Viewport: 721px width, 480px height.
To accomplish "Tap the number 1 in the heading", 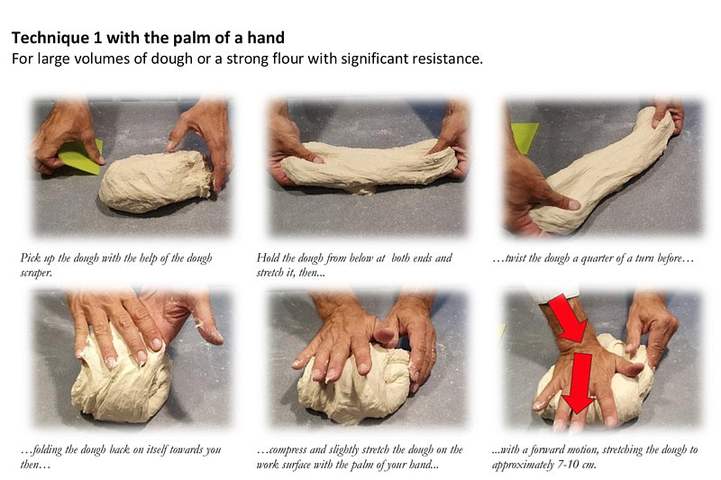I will (x=96, y=39).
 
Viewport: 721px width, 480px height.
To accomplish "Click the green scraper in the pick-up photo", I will (x=84, y=157).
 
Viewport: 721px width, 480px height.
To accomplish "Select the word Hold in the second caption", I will (x=269, y=258).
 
